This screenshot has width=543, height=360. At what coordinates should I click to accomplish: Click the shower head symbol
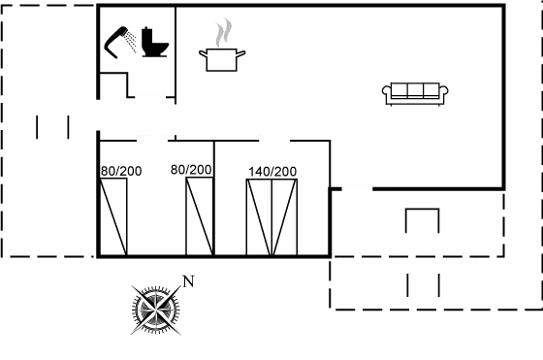[x=120, y=38]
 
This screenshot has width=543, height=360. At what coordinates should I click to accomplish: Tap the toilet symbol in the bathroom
[x=155, y=45]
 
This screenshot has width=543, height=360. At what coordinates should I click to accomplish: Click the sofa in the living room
[x=416, y=93]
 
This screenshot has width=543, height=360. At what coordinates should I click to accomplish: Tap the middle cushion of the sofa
[x=416, y=91]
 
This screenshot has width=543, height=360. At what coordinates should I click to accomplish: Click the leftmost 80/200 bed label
[x=120, y=171]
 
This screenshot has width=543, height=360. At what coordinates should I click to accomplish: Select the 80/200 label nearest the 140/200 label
[x=191, y=170]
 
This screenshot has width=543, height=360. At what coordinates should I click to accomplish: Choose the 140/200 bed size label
[x=272, y=171]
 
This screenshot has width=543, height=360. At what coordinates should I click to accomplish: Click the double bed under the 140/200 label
[x=271, y=217]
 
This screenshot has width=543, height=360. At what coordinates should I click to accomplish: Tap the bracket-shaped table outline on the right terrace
[x=422, y=219]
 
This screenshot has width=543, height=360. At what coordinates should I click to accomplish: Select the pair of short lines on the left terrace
[x=52, y=127]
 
